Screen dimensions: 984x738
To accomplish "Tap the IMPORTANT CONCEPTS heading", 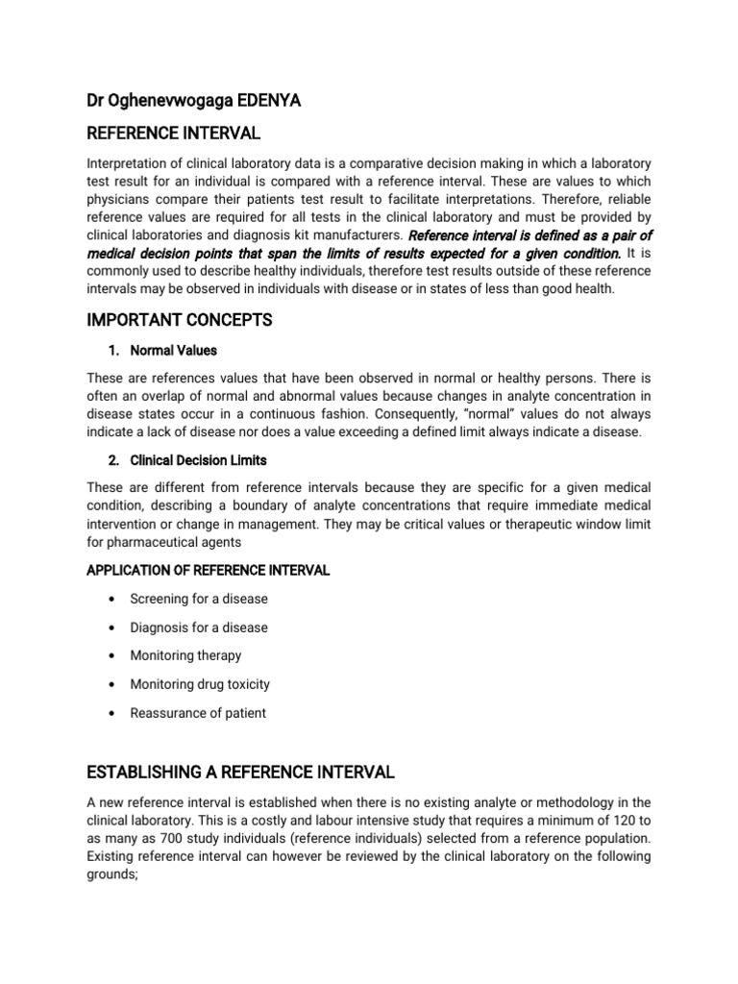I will tap(180, 320).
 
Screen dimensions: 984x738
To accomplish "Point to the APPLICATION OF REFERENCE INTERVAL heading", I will tap(209, 570).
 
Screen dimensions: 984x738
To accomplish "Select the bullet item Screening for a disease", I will tap(200, 599).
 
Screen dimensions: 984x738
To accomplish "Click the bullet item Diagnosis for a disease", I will tap(199, 627).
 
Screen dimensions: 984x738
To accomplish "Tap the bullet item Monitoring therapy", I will tap(186, 655).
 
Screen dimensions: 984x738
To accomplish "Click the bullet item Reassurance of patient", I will tap(199, 713).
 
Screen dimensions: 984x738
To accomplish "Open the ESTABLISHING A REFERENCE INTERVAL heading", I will tap(240, 772).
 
